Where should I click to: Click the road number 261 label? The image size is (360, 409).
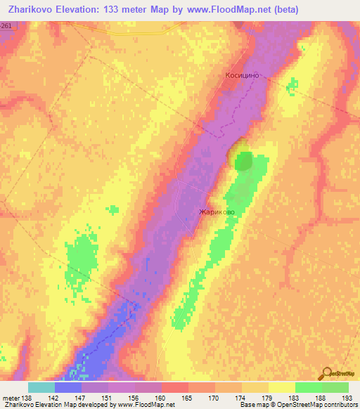click(x=6, y=25)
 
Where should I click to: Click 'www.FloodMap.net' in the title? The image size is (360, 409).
click(x=220, y=10)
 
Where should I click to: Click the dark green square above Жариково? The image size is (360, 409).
click(x=243, y=161)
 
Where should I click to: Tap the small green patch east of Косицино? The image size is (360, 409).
click(x=292, y=86)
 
